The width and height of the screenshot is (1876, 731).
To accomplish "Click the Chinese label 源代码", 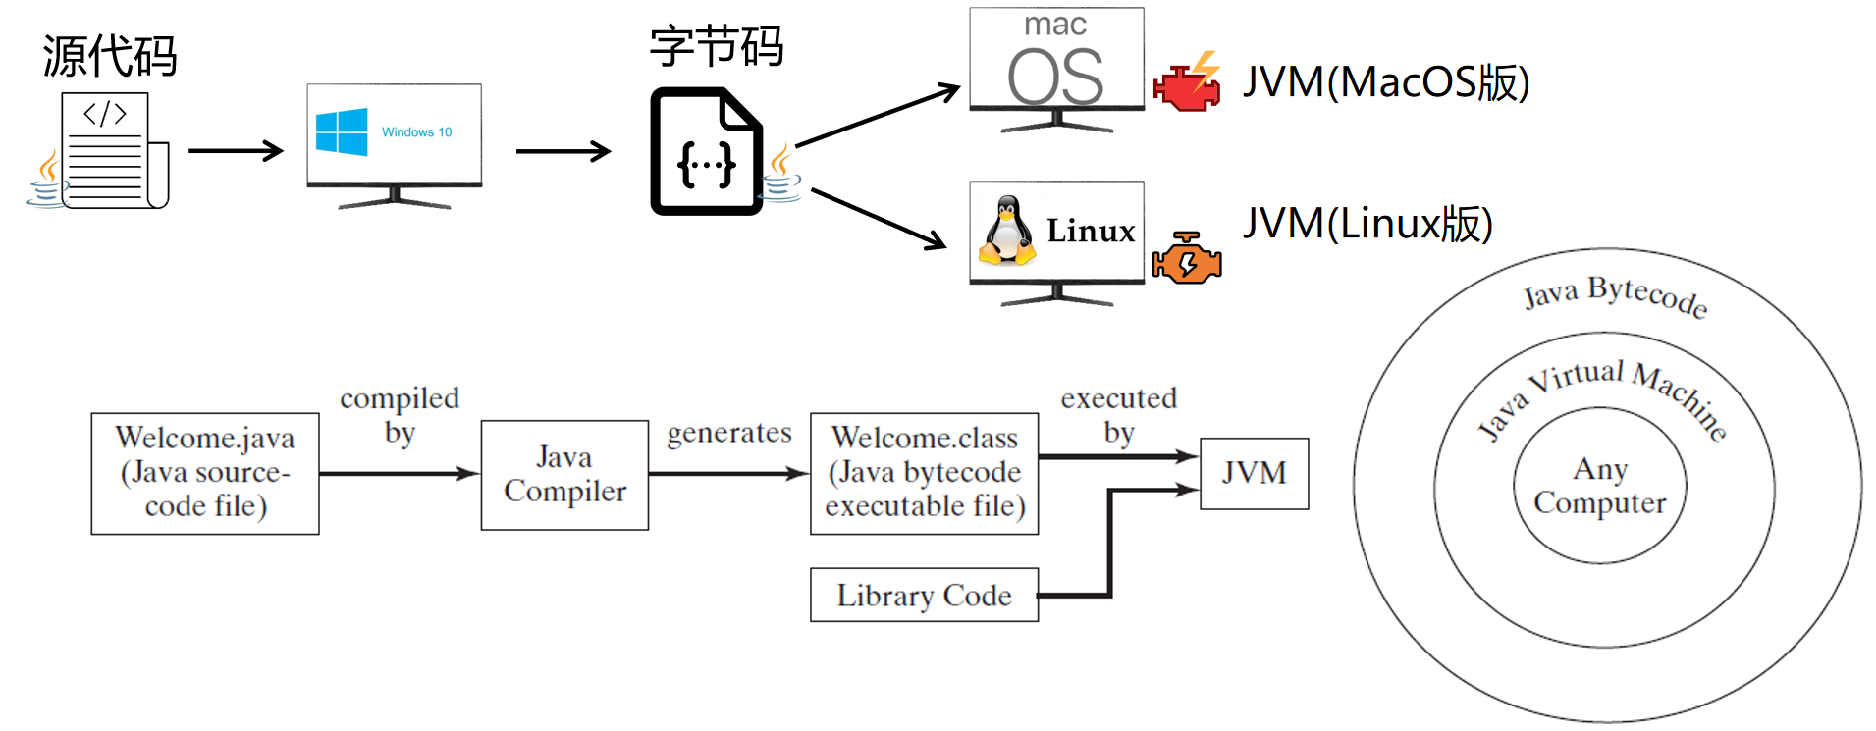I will [x=109, y=56].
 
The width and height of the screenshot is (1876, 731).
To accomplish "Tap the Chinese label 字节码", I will [x=716, y=46].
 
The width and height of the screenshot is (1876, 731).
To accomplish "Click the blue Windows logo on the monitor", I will [x=341, y=131].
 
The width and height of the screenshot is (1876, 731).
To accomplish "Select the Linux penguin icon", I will [x=1007, y=232].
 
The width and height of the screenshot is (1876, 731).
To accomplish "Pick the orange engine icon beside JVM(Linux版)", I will [x=1187, y=259].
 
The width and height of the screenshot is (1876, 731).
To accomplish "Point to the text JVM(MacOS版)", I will [x=1385, y=82].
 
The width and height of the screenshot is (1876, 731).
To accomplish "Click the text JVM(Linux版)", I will [x=1367, y=224].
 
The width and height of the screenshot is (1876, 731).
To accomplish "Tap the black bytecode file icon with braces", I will [x=706, y=152].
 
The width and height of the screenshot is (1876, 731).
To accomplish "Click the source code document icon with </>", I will [x=108, y=150].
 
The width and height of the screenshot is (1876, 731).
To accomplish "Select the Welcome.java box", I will [x=205, y=473].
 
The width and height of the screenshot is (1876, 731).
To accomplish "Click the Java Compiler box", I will [x=564, y=475].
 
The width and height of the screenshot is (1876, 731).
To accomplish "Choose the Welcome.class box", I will [x=924, y=473].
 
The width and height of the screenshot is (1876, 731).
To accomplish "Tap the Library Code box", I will [x=924, y=595].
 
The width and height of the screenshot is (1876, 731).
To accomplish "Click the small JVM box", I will [x=1254, y=473].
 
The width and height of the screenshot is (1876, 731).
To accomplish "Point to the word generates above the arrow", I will [x=728, y=433].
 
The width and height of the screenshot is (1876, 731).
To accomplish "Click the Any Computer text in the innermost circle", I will [x=1599, y=486].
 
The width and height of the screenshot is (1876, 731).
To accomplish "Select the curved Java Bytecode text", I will [x=1615, y=294].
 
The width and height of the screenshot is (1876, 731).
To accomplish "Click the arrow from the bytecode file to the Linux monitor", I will [x=878, y=219].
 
